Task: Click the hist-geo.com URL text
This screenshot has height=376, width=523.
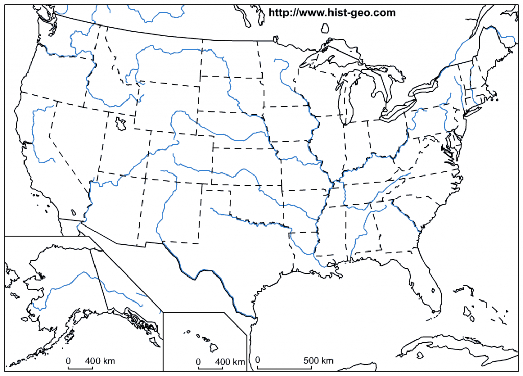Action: pyautogui.click(x=332, y=13)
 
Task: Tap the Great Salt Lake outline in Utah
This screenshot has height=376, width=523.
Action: pyautogui.click(x=121, y=123)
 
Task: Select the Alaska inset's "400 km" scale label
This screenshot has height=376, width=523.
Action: pyautogui.click(x=100, y=361)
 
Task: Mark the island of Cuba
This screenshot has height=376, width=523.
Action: pyautogui.click(x=449, y=344)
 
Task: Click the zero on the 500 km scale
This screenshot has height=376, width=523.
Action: pyautogui.click(x=258, y=361)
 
